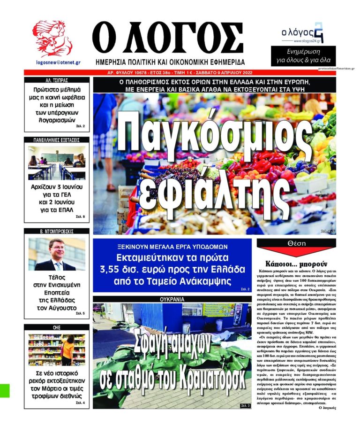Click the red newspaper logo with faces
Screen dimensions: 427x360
(52, 39)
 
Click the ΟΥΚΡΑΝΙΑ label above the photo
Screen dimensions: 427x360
(172, 298)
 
